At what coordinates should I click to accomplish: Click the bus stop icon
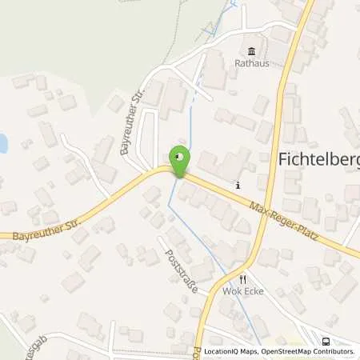tap(325, 340)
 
